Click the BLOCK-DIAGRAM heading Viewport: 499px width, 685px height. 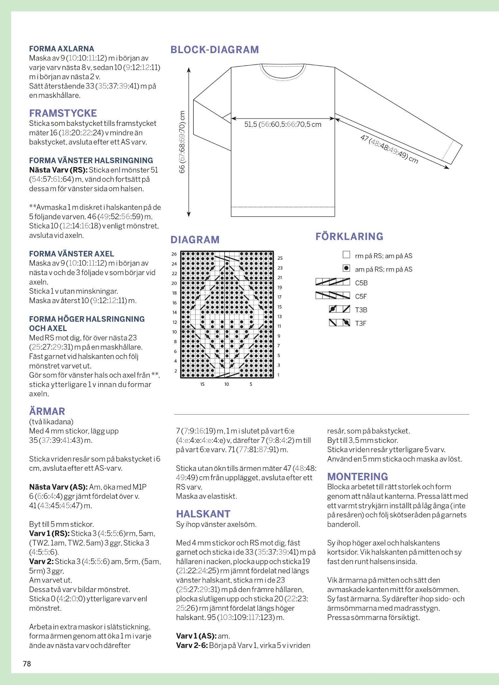pyautogui.click(x=215, y=50)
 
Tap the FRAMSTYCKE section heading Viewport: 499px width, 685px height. pyautogui.click(x=63, y=113)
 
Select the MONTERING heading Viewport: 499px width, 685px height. pyautogui.click(x=357, y=476)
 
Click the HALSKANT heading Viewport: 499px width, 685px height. pyautogui.click(x=203, y=514)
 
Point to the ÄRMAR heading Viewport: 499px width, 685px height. pyautogui.click(x=47, y=411)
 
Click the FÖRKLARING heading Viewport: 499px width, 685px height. pyautogui.click(x=349, y=236)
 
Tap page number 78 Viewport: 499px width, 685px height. pyautogui.click(x=27, y=663)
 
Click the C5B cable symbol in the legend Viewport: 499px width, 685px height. pyautogui.click(x=333, y=282)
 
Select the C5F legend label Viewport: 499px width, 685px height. pyautogui.click(x=361, y=296)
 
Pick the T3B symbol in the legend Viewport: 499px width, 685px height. pyautogui.click(x=339, y=309)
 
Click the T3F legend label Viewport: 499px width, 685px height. pyautogui.click(x=361, y=323)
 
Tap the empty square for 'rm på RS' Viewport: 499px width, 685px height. pyautogui.click(x=346, y=255)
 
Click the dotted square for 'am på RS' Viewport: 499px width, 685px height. pyautogui.click(x=346, y=268)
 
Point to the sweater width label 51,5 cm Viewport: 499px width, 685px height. pyautogui.click(x=282, y=125)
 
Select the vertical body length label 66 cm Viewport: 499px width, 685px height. pyautogui.click(x=182, y=142)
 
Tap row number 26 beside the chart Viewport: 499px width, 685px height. pyautogui.click(x=174, y=254)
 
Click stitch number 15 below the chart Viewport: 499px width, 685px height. pyautogui.click(x=202, y=384)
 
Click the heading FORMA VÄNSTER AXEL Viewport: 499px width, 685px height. pyautogui.click(x=71, y=254)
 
